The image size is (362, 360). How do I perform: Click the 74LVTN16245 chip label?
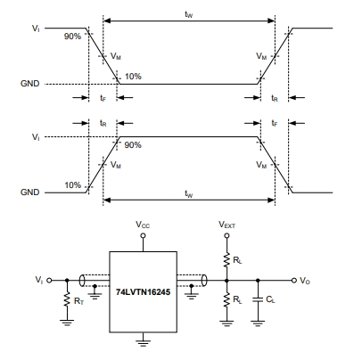tap(143, 292)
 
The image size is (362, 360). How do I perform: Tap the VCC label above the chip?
tap(143, 225)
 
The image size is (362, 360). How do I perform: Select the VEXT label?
tap(226, 225)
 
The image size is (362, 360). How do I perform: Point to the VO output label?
tap(305, 281)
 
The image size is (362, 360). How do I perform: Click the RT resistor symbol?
tap(67, 299)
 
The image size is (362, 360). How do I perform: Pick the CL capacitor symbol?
tap(258, 300)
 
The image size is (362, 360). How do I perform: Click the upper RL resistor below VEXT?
tap(226, 260)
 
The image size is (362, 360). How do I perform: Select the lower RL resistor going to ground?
tap(226, 299)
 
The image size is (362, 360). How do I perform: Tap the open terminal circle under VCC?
tap(143, 235)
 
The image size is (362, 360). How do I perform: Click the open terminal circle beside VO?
tap(294, 280)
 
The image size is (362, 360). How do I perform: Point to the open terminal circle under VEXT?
tap(226, 235)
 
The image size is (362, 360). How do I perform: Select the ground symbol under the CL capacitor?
tap(258, 323)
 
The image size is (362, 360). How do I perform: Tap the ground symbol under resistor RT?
tap(67, 323)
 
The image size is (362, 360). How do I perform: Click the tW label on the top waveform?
tap(189, 14)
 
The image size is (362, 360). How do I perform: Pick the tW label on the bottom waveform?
tap(189, 193)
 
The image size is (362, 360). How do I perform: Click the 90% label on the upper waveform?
tap(72, 37)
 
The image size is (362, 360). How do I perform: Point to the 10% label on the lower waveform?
tap(73, 185)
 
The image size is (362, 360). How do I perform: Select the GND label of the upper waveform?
tap(29, 84)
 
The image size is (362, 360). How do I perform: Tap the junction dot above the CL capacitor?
tap(258, 280)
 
